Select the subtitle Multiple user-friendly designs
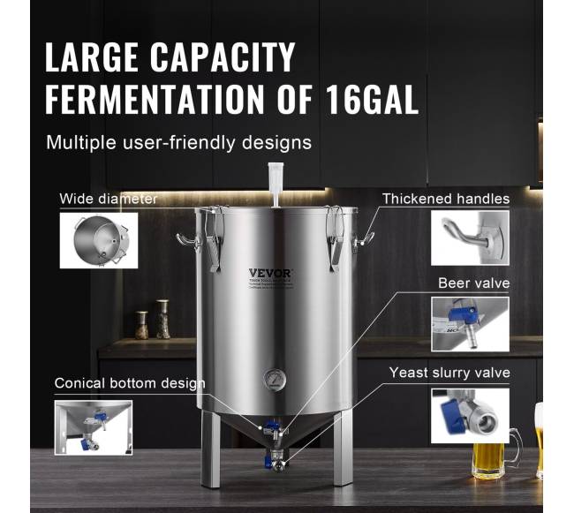[x=178, y=141]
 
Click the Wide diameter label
[x=108, y=199]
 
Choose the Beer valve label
[x=473, y=283]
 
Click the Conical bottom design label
[x=130, y=383]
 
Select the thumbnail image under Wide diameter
[x=98, y=239]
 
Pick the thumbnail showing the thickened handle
[x=470, y=238]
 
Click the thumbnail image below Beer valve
[x=470, y=323]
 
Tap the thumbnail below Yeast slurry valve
[x=470, y=415]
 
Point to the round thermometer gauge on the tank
[x=274, y=381]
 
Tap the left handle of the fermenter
[x=186, y=238]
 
